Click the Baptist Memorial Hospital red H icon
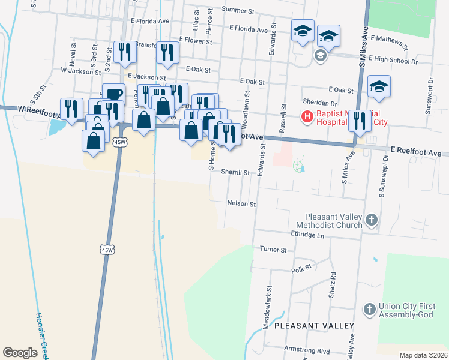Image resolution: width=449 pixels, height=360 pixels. (307, 116)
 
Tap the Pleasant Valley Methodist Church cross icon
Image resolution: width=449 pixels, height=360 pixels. (371, 220)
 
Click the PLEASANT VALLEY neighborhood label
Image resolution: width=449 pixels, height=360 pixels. (314, 325)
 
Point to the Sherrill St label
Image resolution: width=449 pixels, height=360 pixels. (235, 172)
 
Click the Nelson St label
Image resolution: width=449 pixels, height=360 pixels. (242, 203)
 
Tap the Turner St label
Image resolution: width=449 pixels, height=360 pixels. (273, 249)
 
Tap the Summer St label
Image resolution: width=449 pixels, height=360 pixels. (238, 10)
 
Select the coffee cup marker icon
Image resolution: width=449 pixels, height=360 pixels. (113, 94)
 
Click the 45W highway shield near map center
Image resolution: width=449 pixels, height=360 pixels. (107, 249)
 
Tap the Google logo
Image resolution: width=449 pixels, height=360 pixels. (20, 352)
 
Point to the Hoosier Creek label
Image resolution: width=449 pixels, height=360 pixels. (43, 335)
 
